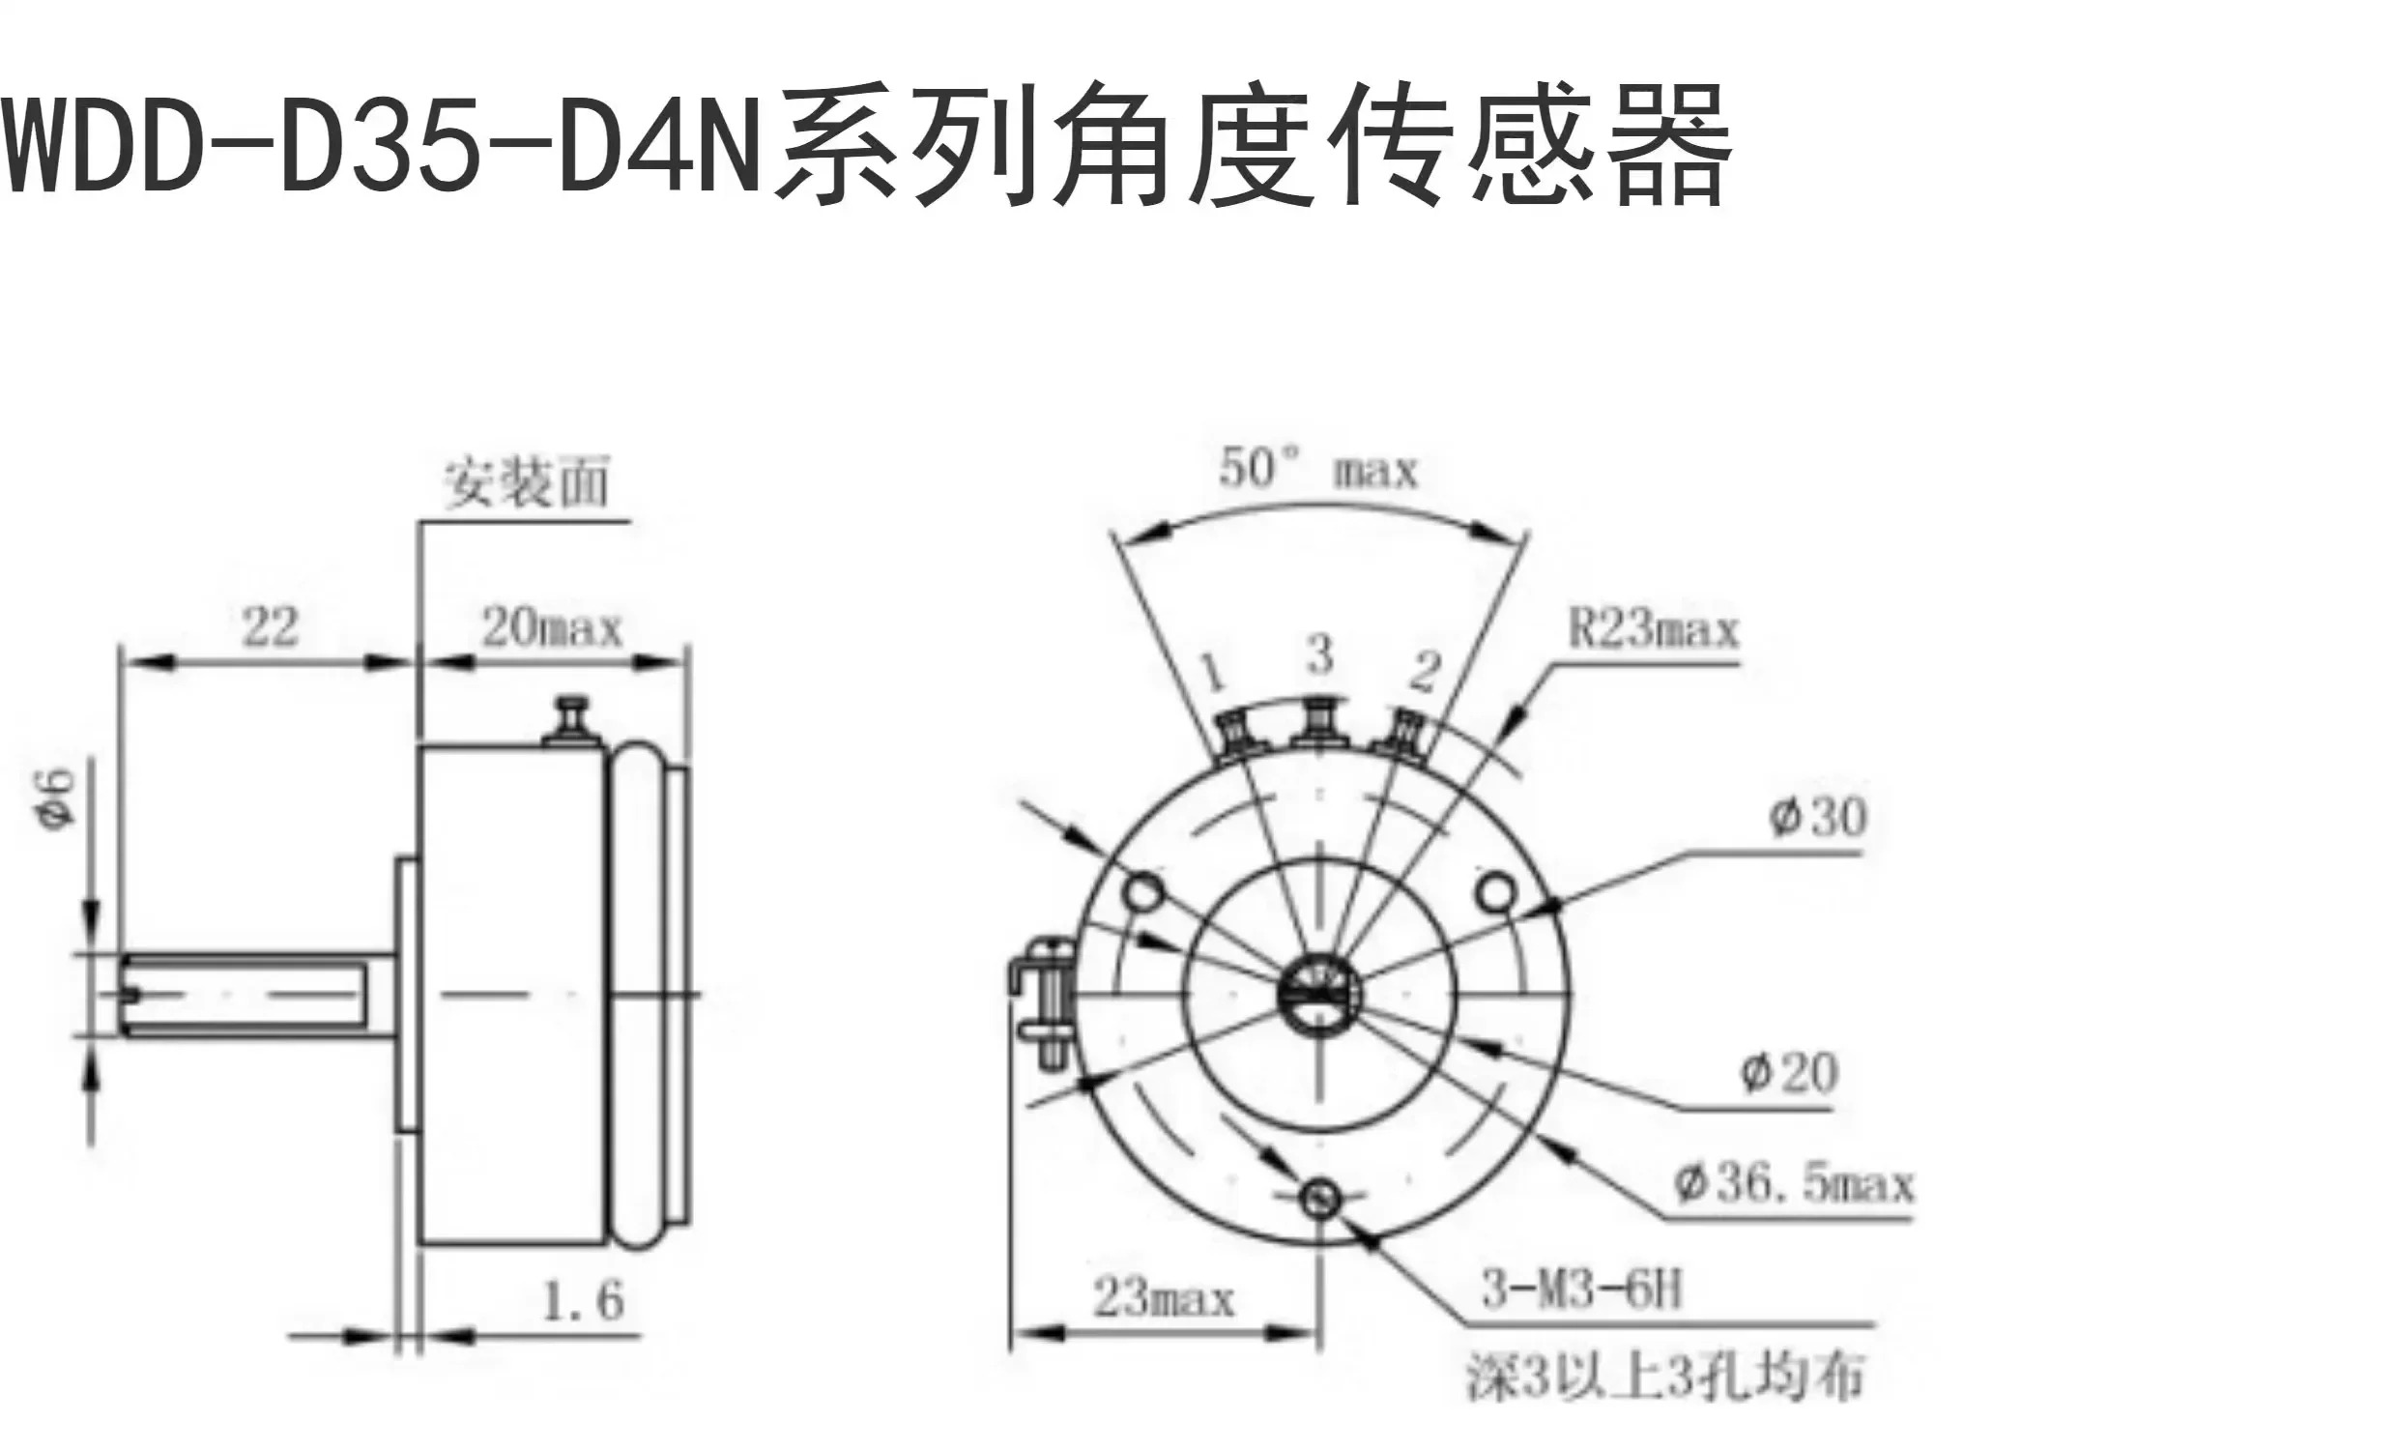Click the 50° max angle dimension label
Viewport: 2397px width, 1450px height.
(x=1318, y=471)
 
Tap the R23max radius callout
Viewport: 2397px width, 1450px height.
(x=1653, y=629)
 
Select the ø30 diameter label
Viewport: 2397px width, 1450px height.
(x=1817, y=816)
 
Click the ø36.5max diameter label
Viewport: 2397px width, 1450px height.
(x=1793, y=1184)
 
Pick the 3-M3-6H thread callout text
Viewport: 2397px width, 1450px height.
(x=1581, y=1291)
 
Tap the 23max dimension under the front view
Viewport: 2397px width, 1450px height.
(x=1164, y=1298)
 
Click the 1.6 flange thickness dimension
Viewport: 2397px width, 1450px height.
(x=582, y=1300)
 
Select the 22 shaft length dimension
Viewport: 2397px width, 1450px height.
(x=270, y=626)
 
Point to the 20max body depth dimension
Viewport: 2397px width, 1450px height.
(x=552, y=627)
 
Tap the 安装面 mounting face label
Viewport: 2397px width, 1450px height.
(x=527, y=482)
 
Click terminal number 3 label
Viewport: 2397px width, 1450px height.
(x=1319, y=655)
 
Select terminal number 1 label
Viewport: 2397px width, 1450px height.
(x=1212, y=673)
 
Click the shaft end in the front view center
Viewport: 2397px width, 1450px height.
(x=1320, y=995)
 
